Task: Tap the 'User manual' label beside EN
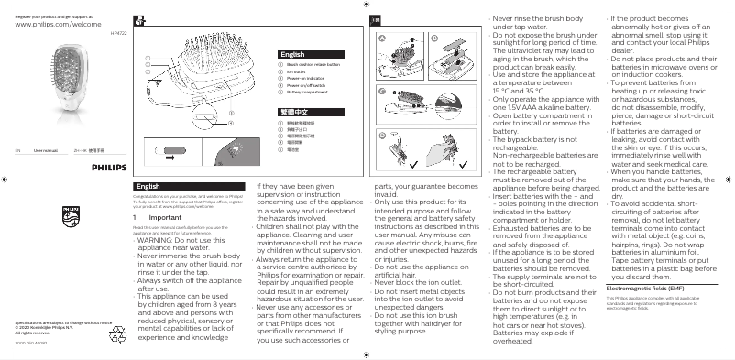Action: point(45,147)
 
